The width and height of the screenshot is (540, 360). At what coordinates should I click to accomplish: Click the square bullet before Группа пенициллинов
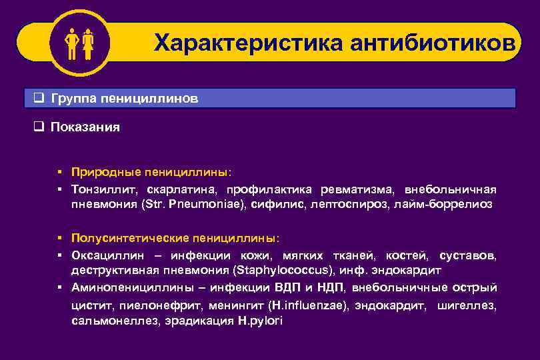pos(39,98)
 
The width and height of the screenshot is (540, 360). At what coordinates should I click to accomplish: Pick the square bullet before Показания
pos(39,127)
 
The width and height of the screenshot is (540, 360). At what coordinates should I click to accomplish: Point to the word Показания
pos(85,127)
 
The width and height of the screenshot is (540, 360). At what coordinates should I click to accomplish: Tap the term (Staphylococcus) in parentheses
pos(281,271)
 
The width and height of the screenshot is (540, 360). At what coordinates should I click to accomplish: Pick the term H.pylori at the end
pos(260,321)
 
